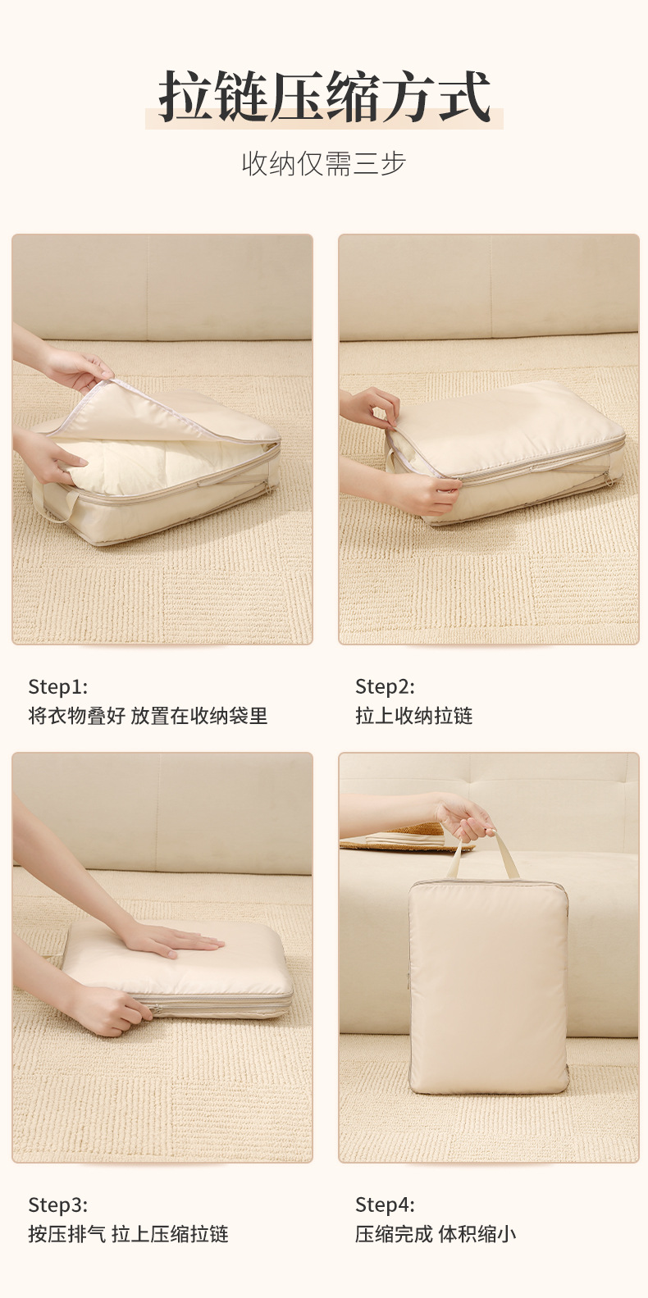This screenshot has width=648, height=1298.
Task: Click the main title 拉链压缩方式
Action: click(325, 97)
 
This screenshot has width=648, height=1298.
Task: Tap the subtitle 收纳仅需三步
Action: click(324, 163)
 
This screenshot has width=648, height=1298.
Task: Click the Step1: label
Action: click(58, 686)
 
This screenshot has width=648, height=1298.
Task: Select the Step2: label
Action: click(385, 686)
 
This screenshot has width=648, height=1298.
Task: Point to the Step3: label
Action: click(58, 1205)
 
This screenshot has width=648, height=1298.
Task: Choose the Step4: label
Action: click(385, 1205)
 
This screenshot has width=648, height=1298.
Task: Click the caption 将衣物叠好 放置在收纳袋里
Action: click(148, 716)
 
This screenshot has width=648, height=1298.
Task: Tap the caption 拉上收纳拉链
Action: click(414, 716)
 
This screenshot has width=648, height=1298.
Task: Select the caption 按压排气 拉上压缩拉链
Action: click(128, 1234)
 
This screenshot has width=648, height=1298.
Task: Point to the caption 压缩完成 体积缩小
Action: click(436, 1234)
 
